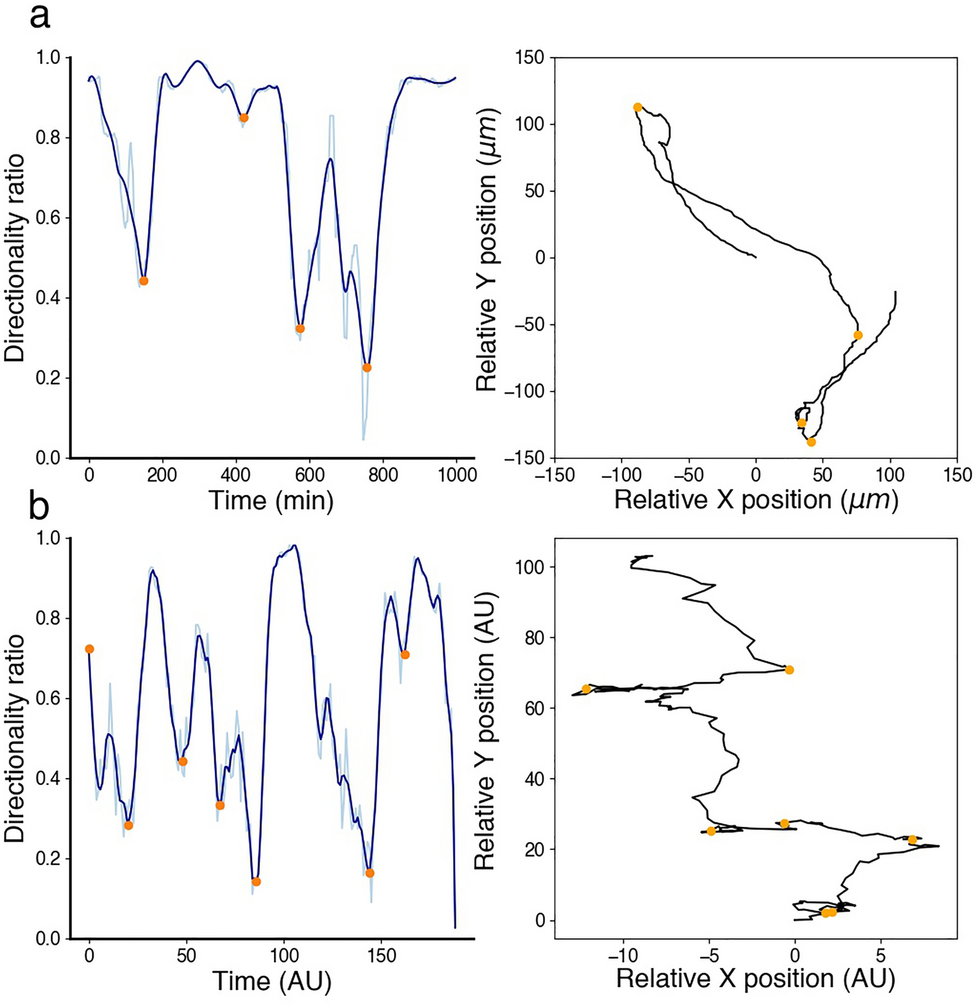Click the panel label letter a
click(x=40, y=16)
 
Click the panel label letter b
click(x=39, y=507)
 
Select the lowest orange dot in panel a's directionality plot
click(x=367, y=368)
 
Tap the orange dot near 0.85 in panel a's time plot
click(x=244, y=117)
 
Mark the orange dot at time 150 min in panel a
click(x=144, y=281)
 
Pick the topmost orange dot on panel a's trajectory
click(x=638, y=107)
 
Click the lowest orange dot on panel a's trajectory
click(x=812, y=442)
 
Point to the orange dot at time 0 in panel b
click(x=89, y=649)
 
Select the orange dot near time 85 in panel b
click(x=256, y=882)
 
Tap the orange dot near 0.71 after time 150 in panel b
click(x=405, y=655)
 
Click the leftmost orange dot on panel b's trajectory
click(x=586, y=689)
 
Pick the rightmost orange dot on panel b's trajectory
click(x=912, y=839)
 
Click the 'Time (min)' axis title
click(x=271, y=499)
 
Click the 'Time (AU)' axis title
click(x=271, y=980)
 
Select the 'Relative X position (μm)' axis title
click(x=756, y=499)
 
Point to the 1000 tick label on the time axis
click(x=457, y=475)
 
